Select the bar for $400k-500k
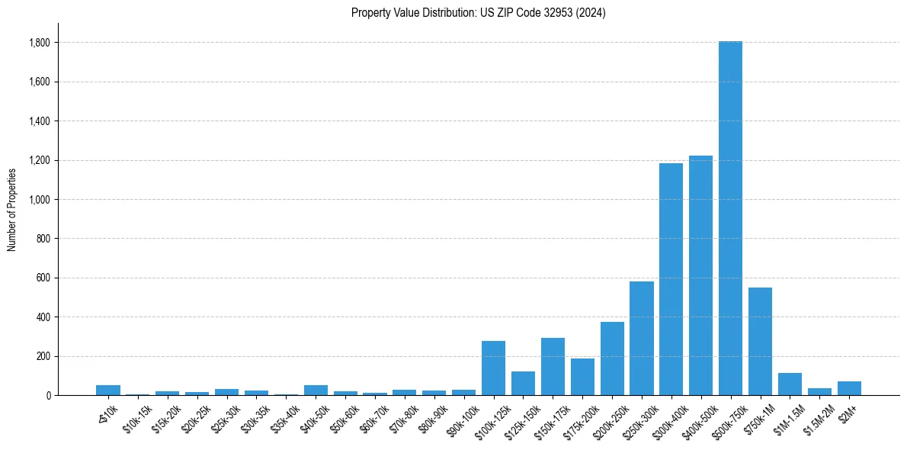700,275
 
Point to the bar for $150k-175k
553,366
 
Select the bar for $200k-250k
612,358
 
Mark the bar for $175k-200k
582,377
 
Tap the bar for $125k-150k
523,383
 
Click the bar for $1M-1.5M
790,384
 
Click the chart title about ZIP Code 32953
478,12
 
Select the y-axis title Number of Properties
12,209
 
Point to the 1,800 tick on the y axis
40,43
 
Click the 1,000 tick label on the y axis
40,200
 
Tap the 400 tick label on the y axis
44,317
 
